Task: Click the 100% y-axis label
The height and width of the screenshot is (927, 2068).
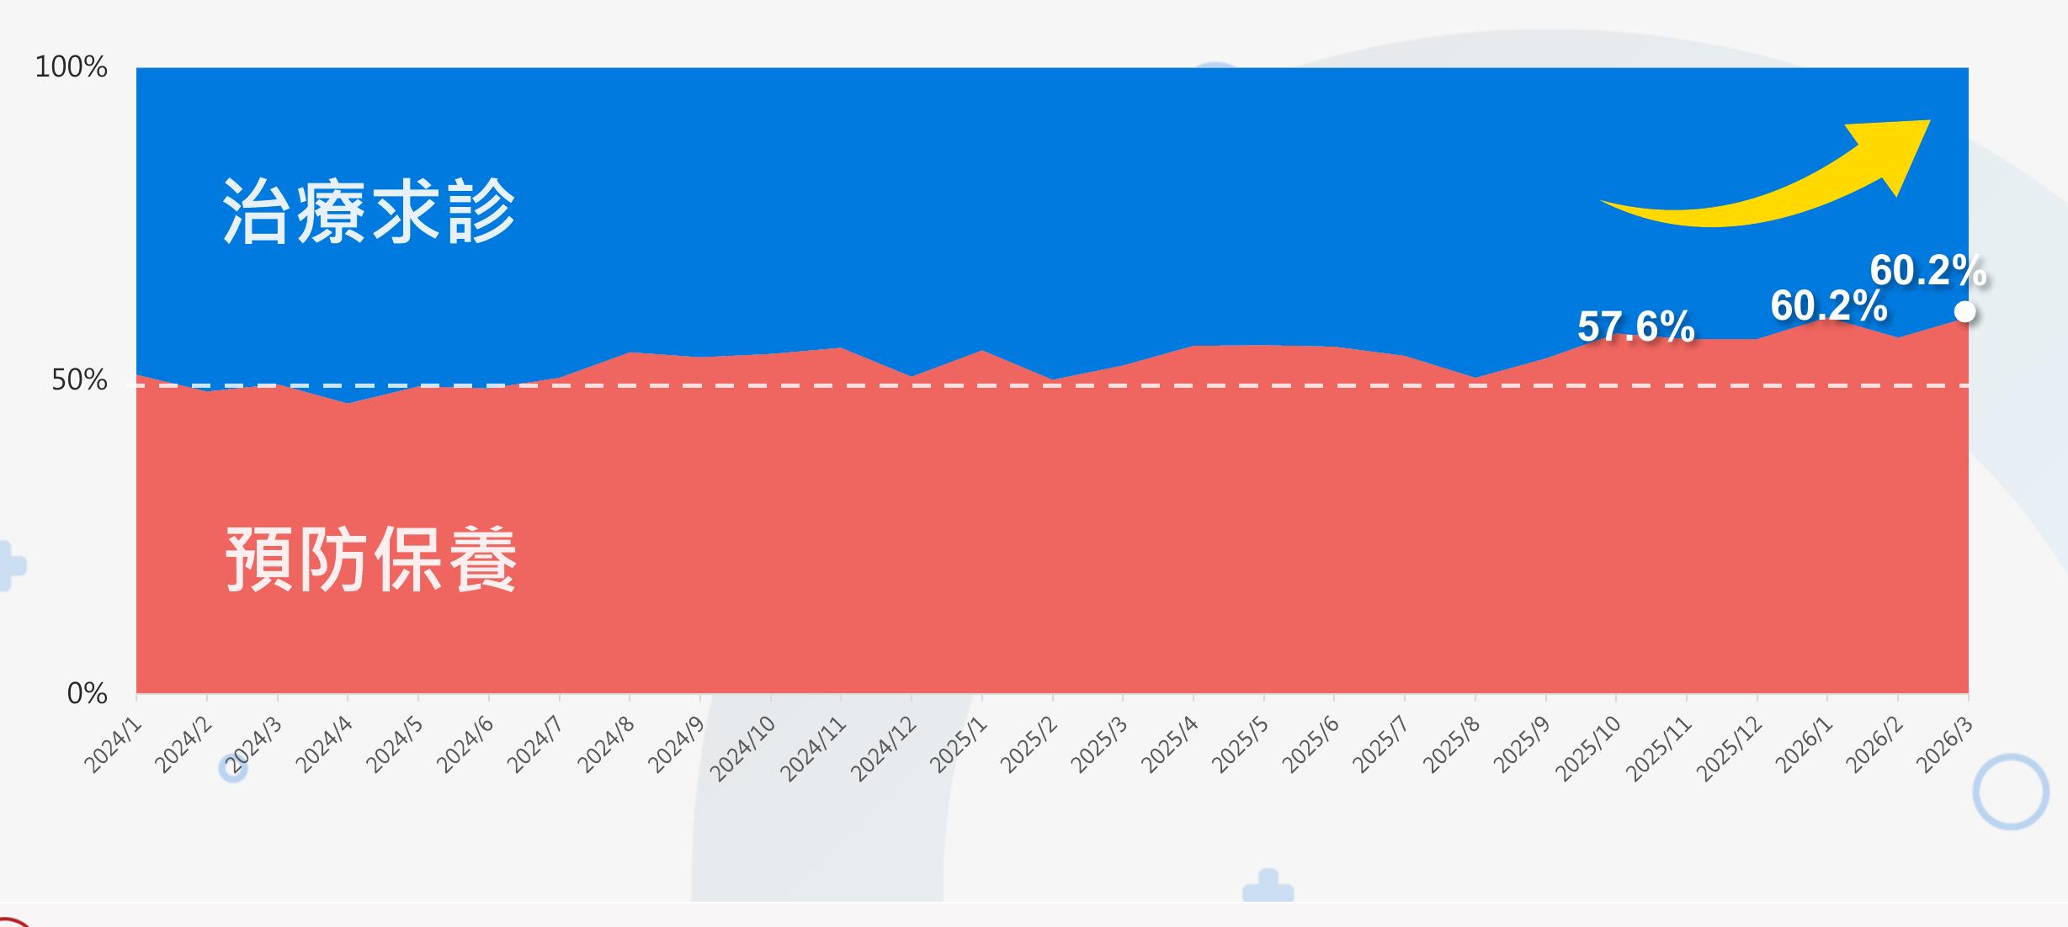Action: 71,66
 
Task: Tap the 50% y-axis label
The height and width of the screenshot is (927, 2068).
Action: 79,380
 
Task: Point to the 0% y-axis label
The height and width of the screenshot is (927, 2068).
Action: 88,693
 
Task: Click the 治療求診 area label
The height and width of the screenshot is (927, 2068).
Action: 369,211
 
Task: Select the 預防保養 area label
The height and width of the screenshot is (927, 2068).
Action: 371,559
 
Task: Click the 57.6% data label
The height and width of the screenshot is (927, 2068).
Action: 1635,326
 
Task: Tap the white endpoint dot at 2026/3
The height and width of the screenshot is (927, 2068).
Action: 1964,312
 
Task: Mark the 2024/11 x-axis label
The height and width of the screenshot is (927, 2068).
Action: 813,749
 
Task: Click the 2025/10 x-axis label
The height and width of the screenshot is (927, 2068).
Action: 1588,749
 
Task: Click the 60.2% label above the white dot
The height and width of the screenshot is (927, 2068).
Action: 1927,271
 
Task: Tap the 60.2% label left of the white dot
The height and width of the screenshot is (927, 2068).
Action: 1828,305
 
